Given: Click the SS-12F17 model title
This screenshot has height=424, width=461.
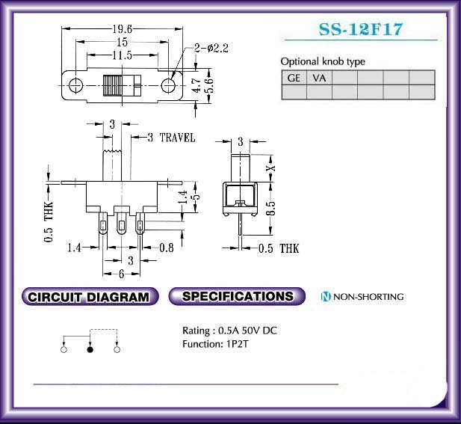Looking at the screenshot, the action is pyautogui.click(x=360, y=29).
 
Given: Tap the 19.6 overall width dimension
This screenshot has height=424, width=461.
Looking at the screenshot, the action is pyautogui.click(x=123, y=29).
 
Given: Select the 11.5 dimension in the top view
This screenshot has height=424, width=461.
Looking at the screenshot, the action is pyautogui.click(x=123, y=55).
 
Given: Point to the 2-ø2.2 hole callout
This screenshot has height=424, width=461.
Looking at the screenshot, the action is pyautogui.click(x=211, y=48).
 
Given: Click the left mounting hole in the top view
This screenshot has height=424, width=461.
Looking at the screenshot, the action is pyautogui.click(x=76, y=85).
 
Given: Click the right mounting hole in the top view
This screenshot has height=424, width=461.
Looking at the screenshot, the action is pyautogui.click(x=168, y=85).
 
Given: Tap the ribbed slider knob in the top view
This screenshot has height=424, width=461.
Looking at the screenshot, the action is pyautogui.click(x=112, y=85).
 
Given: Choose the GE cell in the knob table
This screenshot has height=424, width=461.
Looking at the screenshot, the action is pyautogui.click(x=294, y=78).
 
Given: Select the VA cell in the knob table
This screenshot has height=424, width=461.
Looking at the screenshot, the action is pyautogui.click(x=319, y=78).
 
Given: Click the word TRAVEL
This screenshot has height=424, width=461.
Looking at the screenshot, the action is pyautogui.click(x=177, y=138).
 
